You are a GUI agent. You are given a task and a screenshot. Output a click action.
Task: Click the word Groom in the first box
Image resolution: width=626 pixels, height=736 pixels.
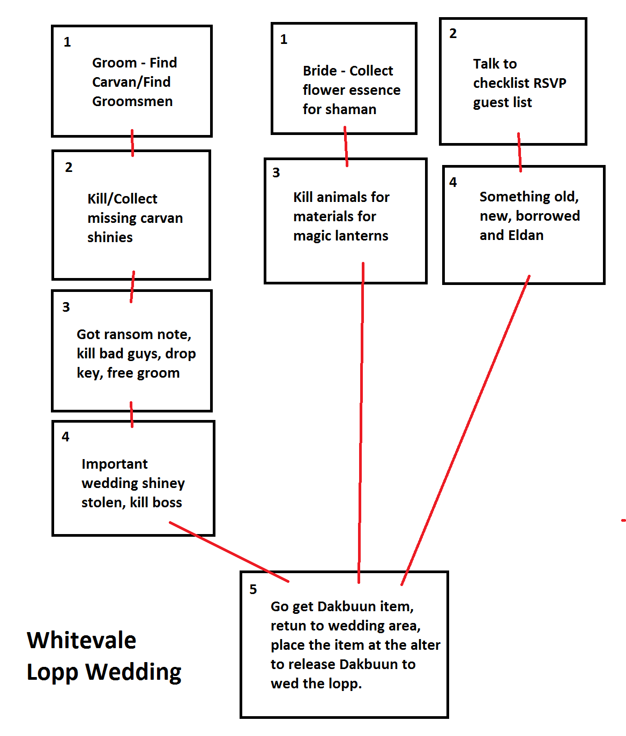tap(114, 63)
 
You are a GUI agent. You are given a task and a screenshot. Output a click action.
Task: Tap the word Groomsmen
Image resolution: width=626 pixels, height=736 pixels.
tap(132, 102)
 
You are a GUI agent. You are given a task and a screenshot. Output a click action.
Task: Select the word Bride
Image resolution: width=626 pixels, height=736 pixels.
tap(320, 71)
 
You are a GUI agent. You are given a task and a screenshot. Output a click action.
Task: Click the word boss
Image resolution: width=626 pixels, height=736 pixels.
tap(170, 503)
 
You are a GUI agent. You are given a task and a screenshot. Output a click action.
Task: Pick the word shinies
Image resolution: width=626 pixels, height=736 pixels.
tap(110, 237)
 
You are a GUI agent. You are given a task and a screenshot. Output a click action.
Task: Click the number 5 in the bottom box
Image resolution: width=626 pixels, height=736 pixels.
tap(253, 589)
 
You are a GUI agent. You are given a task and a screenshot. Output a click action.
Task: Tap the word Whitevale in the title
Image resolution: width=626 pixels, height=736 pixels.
tap(81, 640)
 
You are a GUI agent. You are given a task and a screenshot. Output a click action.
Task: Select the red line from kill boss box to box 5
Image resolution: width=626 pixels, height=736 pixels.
tap(229, 552)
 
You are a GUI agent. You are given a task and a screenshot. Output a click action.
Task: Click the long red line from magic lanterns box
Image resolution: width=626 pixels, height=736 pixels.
tap(361, 423)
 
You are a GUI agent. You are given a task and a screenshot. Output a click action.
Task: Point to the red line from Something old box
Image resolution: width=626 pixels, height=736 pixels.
tap(465, 430)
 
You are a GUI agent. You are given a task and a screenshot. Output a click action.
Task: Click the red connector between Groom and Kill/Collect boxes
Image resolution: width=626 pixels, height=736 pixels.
tap(132, 143)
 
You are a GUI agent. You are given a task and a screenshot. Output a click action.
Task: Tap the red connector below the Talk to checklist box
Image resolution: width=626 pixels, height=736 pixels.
tap(519, 153)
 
